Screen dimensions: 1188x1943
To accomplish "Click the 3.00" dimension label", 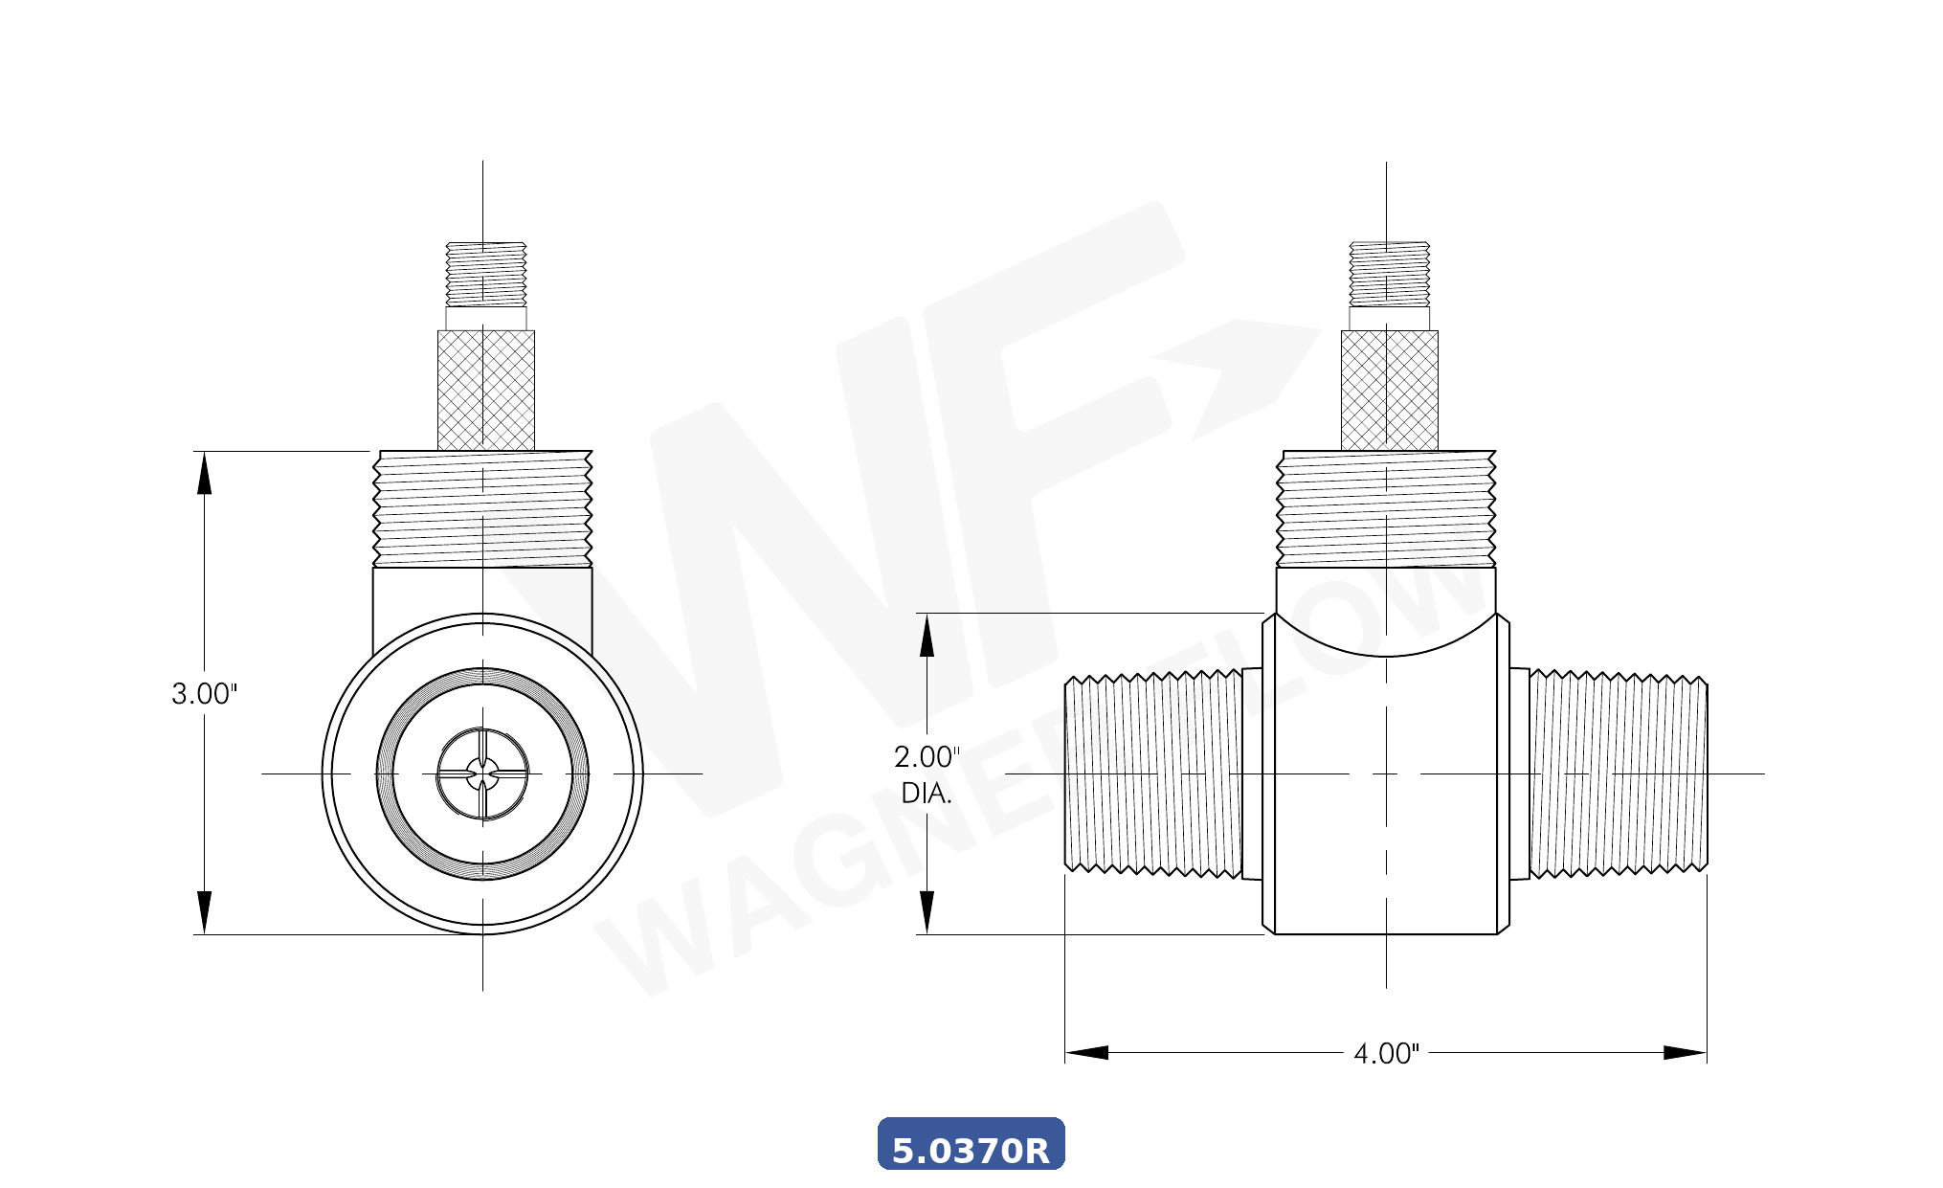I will [204, 694].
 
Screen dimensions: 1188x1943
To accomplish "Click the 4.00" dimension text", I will [1386, 1054].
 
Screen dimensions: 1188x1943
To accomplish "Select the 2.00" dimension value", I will [927, 757].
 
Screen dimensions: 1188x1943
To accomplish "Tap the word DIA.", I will [927, 794].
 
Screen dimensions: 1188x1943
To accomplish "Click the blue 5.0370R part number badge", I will [971, 1145].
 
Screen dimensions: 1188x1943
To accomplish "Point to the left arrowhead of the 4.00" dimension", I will [1086, 1053].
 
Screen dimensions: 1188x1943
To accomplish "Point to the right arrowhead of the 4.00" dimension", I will [1686, 1053].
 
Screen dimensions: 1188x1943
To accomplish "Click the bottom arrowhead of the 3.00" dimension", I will [204, 912].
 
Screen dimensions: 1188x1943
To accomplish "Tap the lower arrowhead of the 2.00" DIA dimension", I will [927, 912].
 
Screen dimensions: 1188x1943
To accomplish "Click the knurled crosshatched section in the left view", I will [486, 390].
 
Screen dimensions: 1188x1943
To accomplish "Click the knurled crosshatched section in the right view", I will [1390, 390].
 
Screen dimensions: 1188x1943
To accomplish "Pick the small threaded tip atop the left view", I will [486, 274].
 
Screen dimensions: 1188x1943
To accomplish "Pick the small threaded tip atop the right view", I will [1390, 274].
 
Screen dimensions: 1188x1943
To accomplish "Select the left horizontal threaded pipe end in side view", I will [1153, 773].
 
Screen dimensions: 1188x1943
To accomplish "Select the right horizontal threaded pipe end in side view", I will [1618, 773].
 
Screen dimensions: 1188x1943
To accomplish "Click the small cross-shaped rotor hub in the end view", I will [482, 773].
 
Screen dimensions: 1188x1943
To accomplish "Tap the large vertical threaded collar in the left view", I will [482, 508].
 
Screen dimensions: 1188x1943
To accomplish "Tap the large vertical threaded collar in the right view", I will [1386, 508].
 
